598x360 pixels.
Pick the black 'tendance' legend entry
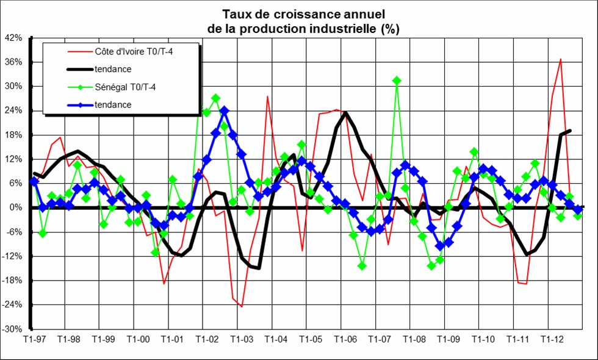pos(113,70)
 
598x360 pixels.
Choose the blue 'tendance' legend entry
pos(113,105)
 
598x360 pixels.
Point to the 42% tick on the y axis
pos(13,38)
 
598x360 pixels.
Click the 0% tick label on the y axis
pos(16,207)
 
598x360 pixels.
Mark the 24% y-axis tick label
pos(13,110)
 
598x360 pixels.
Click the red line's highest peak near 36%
pos(560,59)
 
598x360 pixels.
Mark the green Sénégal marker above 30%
pos(397,81)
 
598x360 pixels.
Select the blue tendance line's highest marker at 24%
pos(224,110)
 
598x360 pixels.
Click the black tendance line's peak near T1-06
pos(345,112)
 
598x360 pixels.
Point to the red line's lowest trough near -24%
pos(242,306)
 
